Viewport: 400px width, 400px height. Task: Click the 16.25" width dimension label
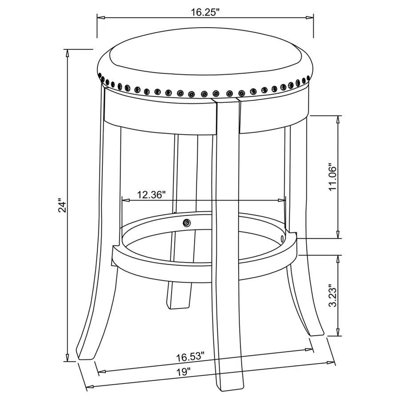pos(206,12)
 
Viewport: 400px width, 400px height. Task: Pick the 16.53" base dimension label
pos(190,356)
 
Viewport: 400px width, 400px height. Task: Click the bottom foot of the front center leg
pos(230,387)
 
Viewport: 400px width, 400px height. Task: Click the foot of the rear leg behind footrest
pos(179,305)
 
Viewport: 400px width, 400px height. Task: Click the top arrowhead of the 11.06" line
pos(339,118)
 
